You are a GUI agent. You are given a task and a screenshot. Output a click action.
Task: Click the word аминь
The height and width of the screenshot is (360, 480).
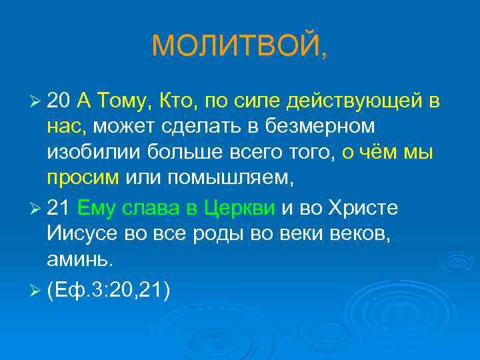81,259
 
